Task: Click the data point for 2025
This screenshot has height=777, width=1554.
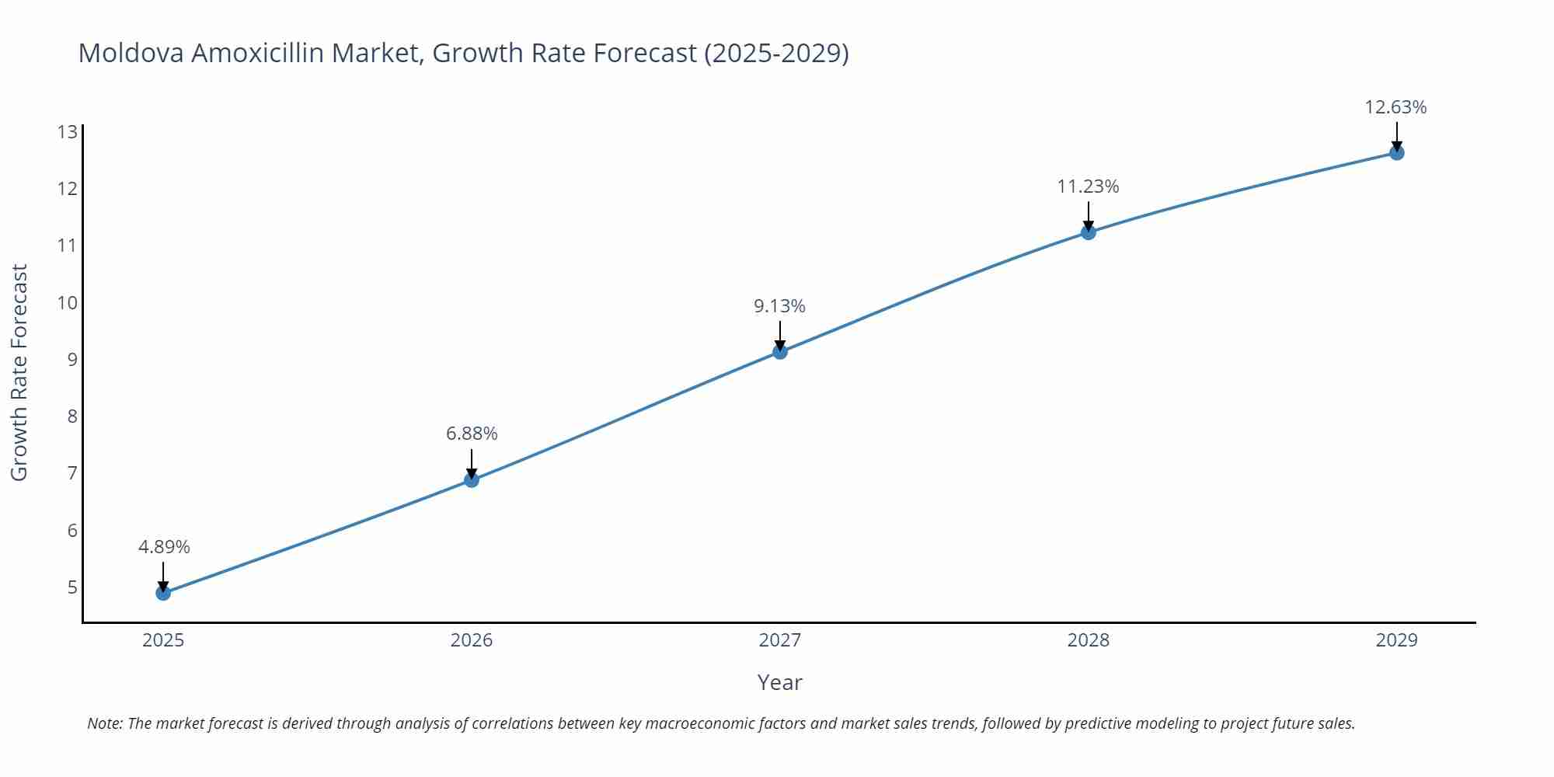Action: pyautogui.click(x=163, y=593)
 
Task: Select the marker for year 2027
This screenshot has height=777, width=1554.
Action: pyautogui.click(x=780, y=352)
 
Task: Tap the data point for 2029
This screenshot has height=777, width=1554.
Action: pyautogui.click(x=1396, y=153)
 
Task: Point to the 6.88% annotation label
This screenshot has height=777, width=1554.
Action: pyautogui.click(x=472, y=434)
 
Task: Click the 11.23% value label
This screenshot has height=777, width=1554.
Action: pyautogui.click(x=1088, y=186)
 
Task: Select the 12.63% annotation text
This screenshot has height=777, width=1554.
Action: pyautogui.click(x=1395, y=107)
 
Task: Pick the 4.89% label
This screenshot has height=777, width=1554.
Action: pyautogui.click(x=164, y=547)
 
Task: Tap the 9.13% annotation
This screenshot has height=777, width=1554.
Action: pyautogui.click(x=779, y=306)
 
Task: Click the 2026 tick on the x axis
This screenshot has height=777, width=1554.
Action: pyautogui.click(x=472, y=640)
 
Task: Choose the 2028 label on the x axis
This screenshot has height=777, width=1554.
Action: pyautogui.click(x=1088, y=640)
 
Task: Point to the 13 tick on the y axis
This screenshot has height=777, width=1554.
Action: pyautogui.click(x=68, y=132)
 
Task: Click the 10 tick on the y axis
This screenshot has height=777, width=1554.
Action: pyautogui.click(x=68, y=302)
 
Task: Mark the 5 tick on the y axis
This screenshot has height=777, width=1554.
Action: pyautogui.click(x=72, y=587)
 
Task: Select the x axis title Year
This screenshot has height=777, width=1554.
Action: pyautogui.click(x=779, y=682)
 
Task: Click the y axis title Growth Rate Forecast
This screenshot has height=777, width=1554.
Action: pyautogui.click(x=19, y=373)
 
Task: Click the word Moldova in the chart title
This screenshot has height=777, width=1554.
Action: pyautogui.click(x=131, y=53)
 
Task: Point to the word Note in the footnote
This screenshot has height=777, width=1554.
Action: pyautogui.click(x=103, y=723)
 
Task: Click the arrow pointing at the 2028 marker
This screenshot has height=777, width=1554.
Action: pyautogui.click(x=1088, y=217)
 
